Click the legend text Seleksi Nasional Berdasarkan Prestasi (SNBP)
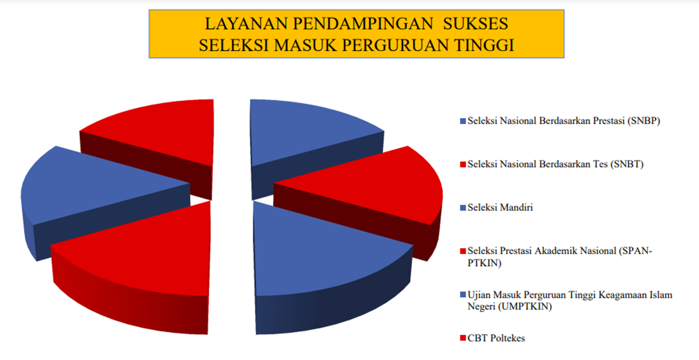point(564,121)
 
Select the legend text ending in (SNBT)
point(555,164)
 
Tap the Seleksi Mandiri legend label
point(500,207)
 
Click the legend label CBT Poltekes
point(496,338)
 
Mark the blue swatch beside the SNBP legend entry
point(463,121)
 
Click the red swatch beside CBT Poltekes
point(463,338)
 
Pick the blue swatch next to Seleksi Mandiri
point(463,208)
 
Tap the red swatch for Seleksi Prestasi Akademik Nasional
point(463,251)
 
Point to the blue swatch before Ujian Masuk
point(463,295)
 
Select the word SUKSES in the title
point(475,24)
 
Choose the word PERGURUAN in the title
point(395,45)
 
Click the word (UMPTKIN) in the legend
point(525,307)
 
